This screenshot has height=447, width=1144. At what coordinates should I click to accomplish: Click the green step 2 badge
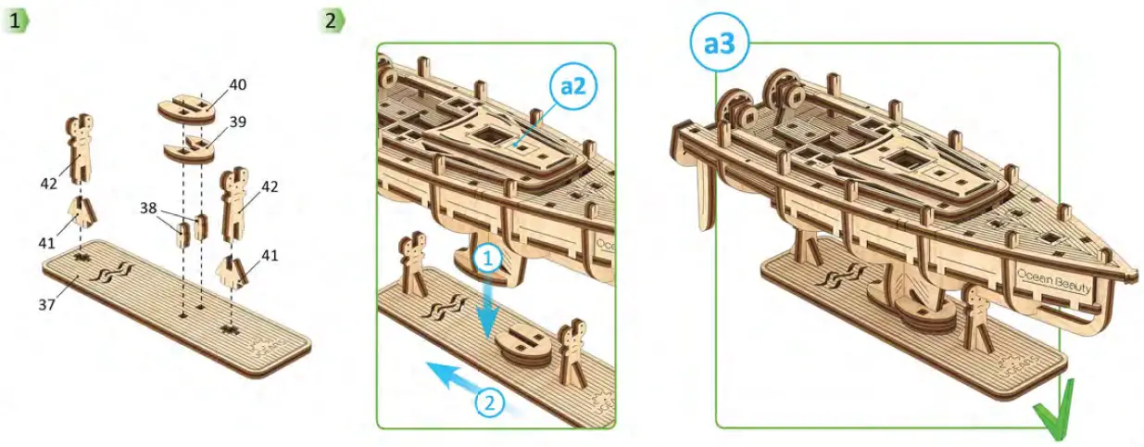[x=331, y=20]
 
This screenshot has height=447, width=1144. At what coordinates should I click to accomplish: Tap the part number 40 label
[x=238, y=84]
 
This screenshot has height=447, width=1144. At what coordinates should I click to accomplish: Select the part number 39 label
[x=238, y=121]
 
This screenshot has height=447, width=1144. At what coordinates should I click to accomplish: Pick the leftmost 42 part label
[x=49, y=184]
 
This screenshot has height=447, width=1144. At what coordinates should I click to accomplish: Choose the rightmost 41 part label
[x=270, y=254]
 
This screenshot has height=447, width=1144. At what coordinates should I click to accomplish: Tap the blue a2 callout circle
[x=572, y=86]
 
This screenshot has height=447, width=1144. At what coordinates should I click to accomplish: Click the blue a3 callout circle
[x=720, y=44]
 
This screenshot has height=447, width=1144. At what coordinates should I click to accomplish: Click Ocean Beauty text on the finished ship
[x=1053, y=276]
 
